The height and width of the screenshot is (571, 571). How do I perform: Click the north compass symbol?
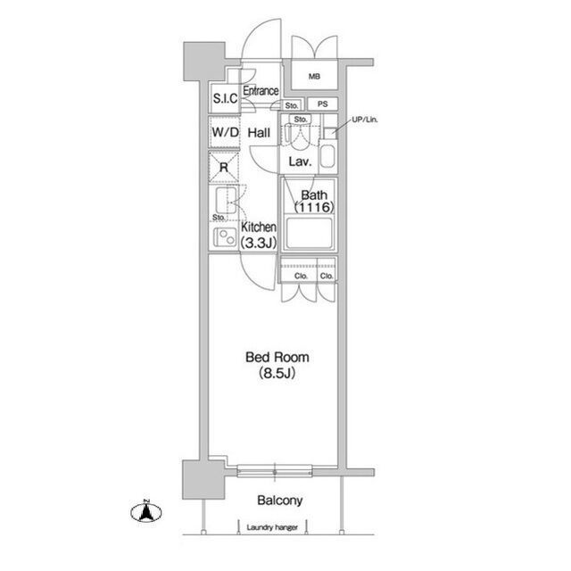[x=146, y=511]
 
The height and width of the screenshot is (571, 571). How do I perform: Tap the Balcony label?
[x=279, y=501]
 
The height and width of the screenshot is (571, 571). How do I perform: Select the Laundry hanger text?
[x=272, y=527]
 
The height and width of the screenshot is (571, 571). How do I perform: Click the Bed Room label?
[x=277, y=357]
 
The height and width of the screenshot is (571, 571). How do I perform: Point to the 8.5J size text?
[x=277, y=373]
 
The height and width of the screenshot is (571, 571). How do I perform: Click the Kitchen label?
[x=259, y=228]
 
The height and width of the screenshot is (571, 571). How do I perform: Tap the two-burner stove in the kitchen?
[x=225, y=236]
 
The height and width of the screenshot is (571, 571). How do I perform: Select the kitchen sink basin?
[x=226, y=200]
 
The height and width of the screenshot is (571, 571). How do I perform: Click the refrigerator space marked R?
[x=224, y=167]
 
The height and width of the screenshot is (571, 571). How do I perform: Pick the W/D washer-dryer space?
[x=225, y=132]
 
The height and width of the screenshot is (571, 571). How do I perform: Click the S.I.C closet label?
[x=225, y=98]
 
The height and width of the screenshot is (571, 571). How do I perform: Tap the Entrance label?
[x=261, y=91]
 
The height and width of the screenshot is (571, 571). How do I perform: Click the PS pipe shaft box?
[x=322, y=104]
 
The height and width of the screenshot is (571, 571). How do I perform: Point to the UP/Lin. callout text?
[x=365, y=120]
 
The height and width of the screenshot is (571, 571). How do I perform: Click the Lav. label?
[x=300, y=161]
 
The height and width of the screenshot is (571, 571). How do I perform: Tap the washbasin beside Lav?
[x=327, y=157]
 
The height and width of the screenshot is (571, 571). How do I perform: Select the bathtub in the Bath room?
[x=309, y=233]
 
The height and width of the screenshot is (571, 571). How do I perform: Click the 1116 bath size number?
[x=314, y=207]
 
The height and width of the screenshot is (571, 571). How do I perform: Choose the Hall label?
[x=259, y=133]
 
